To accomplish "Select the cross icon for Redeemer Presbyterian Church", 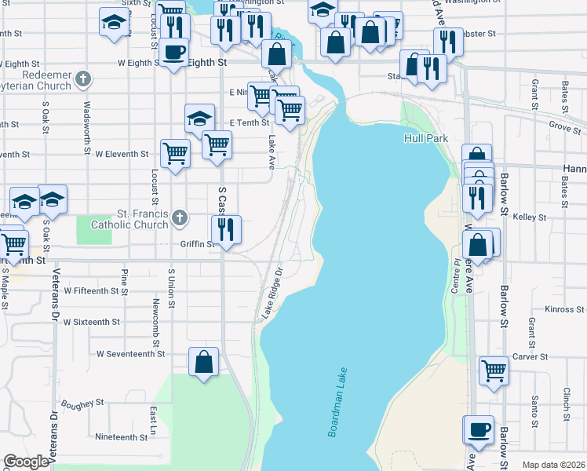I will pos(85,78).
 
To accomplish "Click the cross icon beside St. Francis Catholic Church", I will pos(180,218).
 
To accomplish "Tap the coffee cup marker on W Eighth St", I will pos(175,53).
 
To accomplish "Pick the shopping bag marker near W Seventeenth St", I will pos(204,362).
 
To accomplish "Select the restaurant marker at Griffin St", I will pos(226,229).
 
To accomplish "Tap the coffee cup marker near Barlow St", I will pos(478,429).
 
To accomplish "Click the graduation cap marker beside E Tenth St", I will pos(199,119).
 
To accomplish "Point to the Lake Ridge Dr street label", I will pos(272,293).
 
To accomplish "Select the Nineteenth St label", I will pos(120,436).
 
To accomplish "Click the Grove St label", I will pos(563,125).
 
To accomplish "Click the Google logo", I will pos(26,462).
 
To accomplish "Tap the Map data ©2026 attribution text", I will pos(552,465).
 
